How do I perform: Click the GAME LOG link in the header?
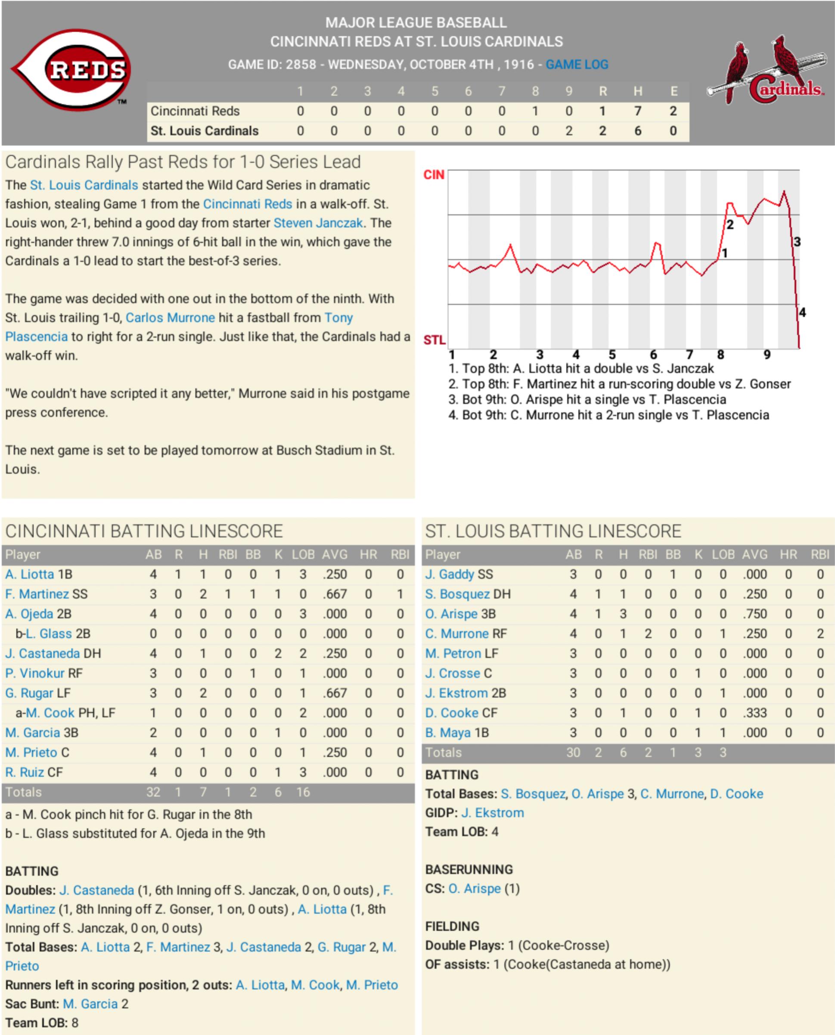point(577,65)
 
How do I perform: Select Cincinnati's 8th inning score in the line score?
point(535,111)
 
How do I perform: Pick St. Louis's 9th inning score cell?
point(568,131)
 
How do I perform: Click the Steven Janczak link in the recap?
point(318,223)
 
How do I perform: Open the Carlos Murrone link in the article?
point(170,318)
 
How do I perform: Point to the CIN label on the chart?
point(433,174)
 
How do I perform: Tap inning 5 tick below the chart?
point(612,355)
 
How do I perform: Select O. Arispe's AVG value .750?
point(754,614)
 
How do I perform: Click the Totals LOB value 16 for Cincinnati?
point(303,792)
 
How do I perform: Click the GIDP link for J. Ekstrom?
point(492,813)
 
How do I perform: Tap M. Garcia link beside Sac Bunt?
point(90,1004)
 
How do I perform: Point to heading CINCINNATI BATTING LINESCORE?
point(144,531)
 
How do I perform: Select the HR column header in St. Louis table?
point(788,554)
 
